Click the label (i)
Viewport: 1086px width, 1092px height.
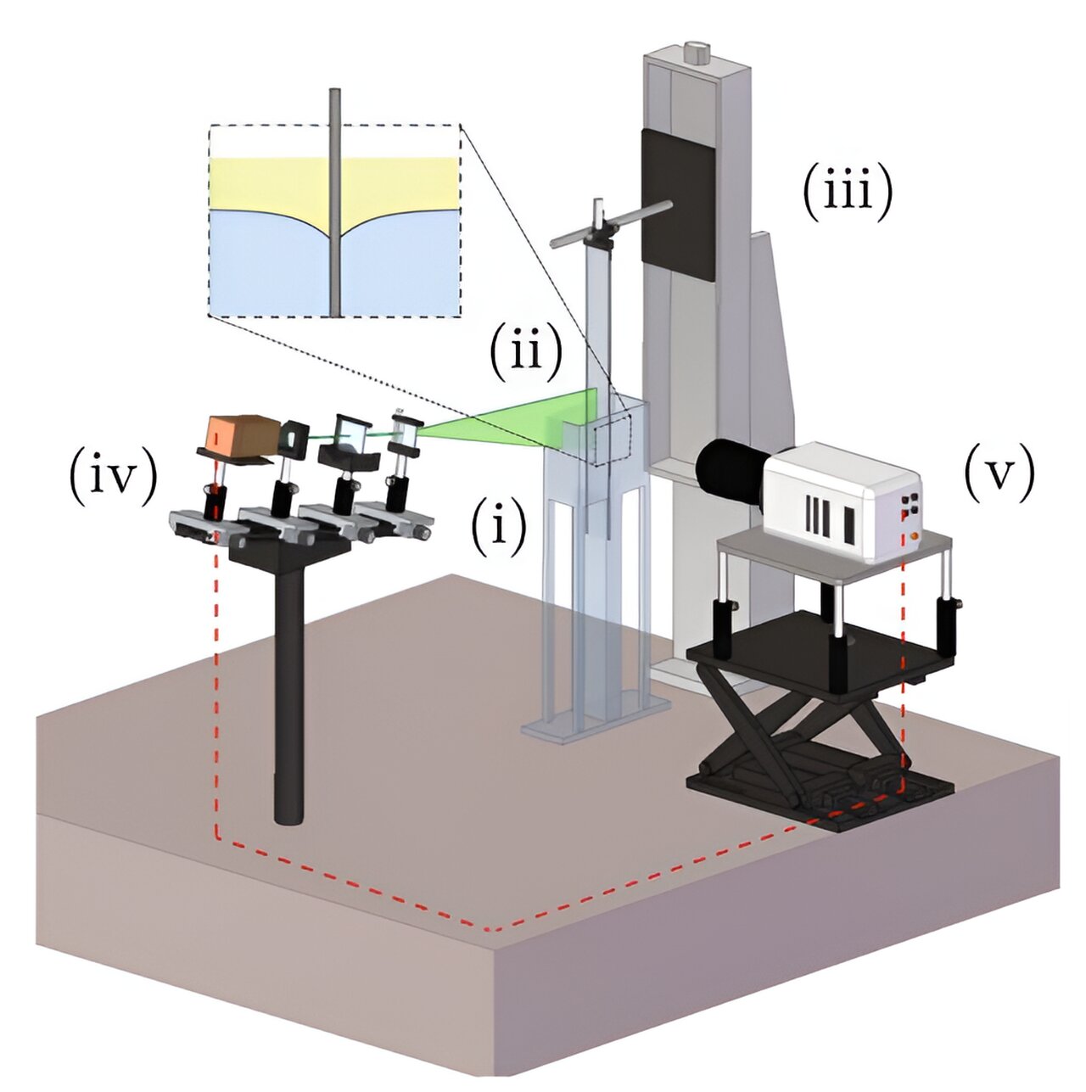pos(499,527)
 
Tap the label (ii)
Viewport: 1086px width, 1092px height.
pos(525,350)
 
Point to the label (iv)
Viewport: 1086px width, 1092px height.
pos(114,476)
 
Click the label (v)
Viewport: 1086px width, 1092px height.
pos(1000,474)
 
